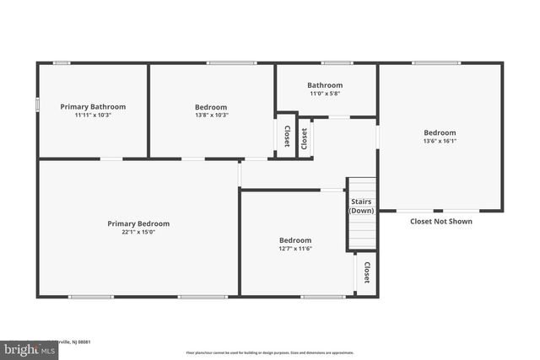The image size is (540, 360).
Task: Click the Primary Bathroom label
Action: click(93, 107)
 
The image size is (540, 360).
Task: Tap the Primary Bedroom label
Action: click(138, 223)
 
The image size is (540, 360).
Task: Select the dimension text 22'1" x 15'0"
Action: click(138, 232)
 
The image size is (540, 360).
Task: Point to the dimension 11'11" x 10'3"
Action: click(93, 116)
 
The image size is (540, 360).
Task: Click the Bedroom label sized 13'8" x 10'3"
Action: click(211, 107)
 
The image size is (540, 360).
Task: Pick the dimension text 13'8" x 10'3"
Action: click(211, 116)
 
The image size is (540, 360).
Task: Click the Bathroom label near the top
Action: click(325, 85)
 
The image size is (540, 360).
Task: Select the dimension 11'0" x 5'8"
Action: click(325, 94)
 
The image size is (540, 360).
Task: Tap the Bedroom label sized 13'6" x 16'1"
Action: click(440, 132)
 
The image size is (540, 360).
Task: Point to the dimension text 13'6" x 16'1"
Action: click(440, 141)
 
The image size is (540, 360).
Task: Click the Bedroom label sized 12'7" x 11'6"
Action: click(295, 240)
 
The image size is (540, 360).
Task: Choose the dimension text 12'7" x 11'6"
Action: click(295, 249)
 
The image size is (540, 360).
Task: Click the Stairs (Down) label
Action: click(361, 207)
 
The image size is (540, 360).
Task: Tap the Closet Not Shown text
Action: click(440, 222)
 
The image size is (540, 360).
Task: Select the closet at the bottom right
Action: click(366, 273)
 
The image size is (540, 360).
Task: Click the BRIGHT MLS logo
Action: click(25, 347)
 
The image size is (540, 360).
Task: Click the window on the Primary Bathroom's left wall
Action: click(37, 105)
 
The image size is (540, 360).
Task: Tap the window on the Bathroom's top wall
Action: click(337, 62)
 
